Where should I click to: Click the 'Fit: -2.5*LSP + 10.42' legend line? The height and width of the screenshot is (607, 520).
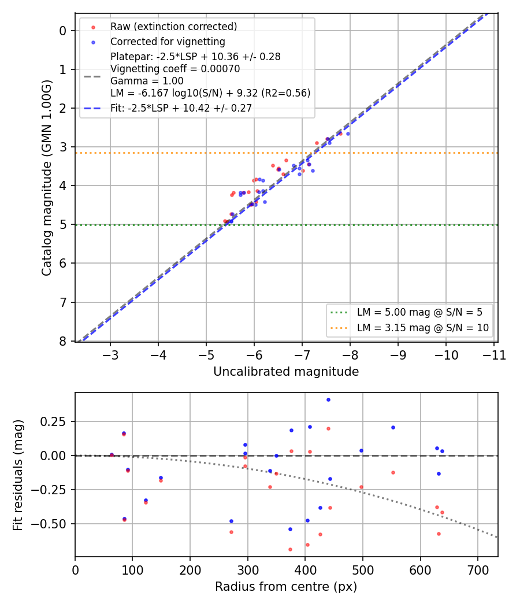92,109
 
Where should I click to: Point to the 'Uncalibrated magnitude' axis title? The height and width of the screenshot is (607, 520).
286,372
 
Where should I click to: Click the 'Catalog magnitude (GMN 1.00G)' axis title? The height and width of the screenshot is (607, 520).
46,177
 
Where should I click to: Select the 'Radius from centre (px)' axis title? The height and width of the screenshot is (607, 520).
286,587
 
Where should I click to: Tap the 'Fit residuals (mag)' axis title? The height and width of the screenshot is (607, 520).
18,475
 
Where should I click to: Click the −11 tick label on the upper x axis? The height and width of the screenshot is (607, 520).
494,355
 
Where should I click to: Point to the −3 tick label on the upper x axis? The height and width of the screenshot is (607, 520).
110,355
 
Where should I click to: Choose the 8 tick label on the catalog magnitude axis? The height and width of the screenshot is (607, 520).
62,342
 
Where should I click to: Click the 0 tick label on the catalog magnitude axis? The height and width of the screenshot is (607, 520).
62,31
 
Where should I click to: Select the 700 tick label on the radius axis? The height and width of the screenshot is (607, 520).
478,570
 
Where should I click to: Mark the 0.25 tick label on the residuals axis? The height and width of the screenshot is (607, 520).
53,421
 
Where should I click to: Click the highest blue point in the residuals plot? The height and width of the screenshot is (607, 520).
329,400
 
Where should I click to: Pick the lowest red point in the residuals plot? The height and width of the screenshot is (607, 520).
290,550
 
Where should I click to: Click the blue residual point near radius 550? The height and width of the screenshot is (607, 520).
393,428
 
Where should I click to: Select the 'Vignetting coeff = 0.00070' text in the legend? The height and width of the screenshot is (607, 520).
175,69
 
